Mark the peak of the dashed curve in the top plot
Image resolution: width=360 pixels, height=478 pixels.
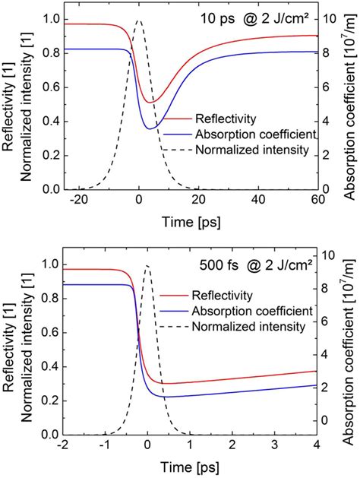pos(137,21)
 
